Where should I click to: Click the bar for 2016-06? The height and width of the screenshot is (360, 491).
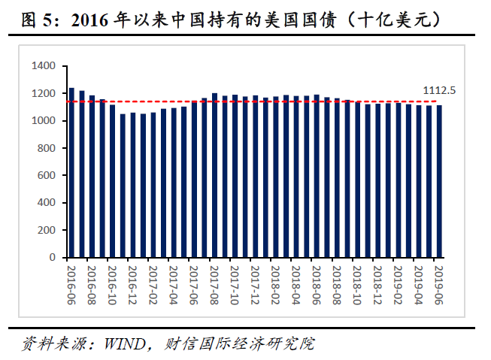[x=71, y=173]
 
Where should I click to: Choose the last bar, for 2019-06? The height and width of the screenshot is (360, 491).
[x=439, y=181]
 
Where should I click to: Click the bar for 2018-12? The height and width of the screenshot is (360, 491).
[x=378, y=180]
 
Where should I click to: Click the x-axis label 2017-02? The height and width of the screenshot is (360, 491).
[x=153, y=283]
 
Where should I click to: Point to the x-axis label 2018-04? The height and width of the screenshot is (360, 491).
[x=296, y=283]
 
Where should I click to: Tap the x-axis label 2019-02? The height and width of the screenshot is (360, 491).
[x=398, y=283]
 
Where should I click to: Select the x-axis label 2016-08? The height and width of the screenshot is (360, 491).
[x=91, y=283]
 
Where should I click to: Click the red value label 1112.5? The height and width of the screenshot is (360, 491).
[x=439, y=90]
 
